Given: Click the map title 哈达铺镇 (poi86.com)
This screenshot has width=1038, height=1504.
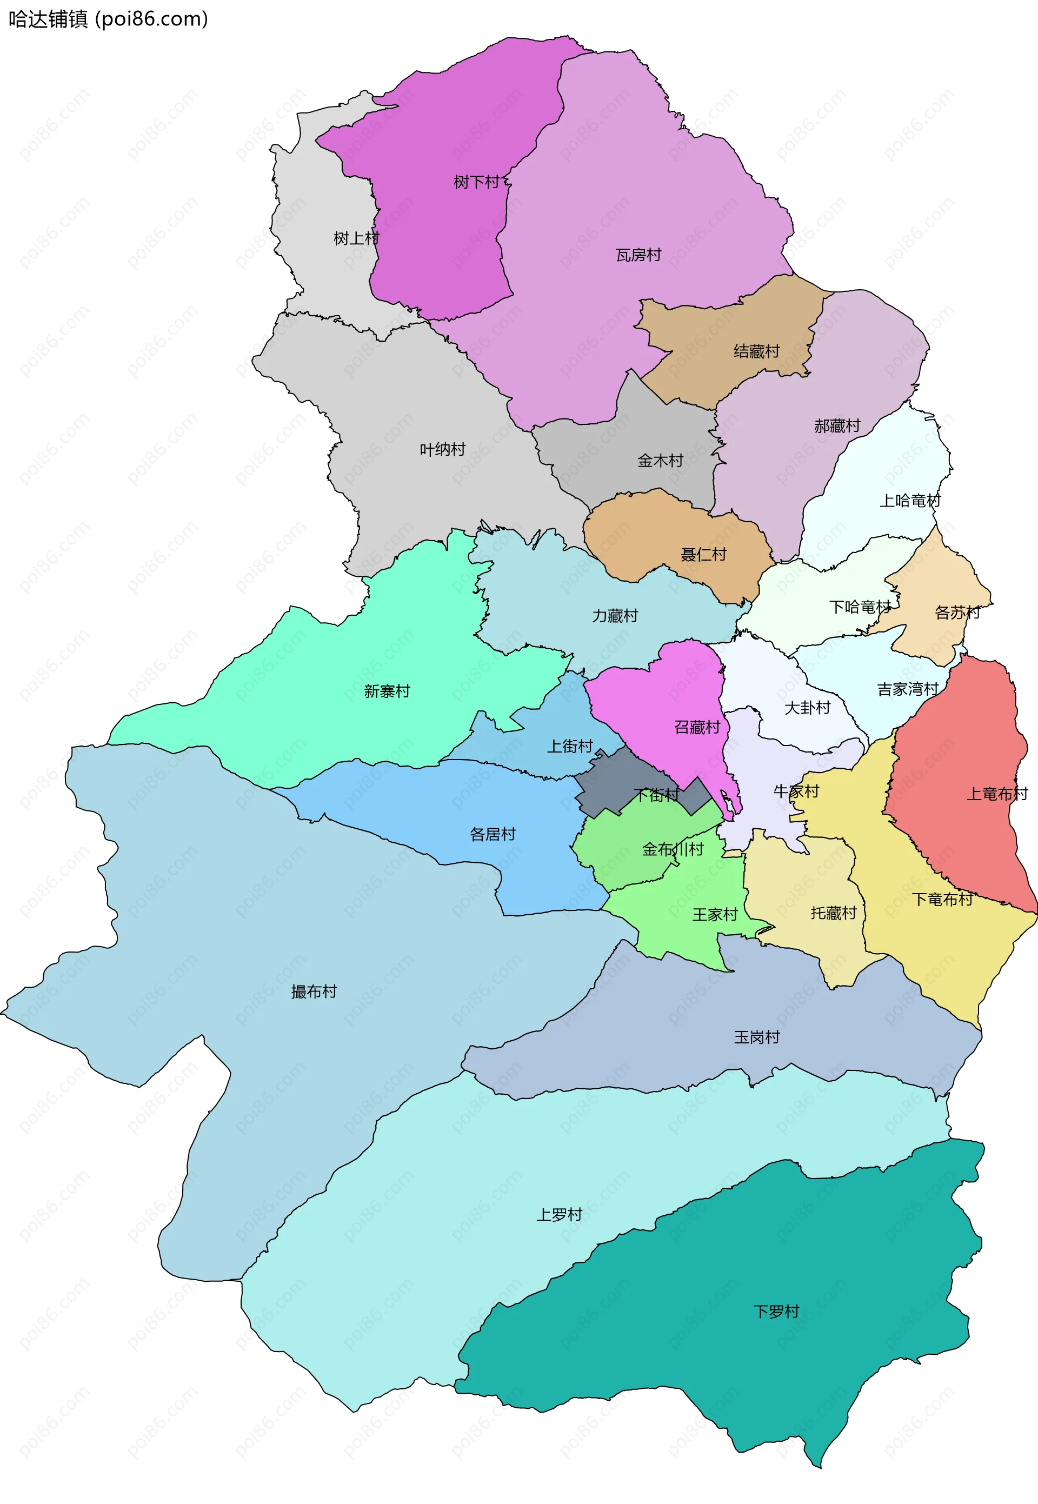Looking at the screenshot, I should point(108,19).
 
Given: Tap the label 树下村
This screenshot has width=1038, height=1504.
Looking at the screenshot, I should point(476,182).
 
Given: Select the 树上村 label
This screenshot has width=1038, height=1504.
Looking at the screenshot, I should point(356,238).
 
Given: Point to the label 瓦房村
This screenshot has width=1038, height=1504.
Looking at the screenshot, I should point(638,255).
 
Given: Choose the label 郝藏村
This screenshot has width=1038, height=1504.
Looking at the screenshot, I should point(837,426).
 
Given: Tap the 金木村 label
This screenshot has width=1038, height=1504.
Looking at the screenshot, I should point(660,461).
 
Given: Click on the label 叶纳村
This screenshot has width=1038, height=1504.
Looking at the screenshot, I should point(442,449).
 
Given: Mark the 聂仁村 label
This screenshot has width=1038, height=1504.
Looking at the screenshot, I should point(703,555).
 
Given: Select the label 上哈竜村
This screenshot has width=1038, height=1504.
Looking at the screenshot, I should point(910,501).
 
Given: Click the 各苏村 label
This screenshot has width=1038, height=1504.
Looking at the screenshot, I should point(957,613).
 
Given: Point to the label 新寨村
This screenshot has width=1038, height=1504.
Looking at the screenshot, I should point(387,691).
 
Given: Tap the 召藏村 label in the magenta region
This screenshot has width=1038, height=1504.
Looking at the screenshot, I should point(696,727).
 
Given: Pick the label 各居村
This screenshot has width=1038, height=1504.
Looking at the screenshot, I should point(493,834).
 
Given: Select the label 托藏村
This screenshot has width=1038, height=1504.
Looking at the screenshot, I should point(833,913).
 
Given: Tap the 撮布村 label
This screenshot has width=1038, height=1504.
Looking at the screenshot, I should point(314,991).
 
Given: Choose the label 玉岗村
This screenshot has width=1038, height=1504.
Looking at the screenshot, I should point(756,1037).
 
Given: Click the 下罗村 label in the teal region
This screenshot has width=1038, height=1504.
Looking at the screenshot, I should point(776,1312).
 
